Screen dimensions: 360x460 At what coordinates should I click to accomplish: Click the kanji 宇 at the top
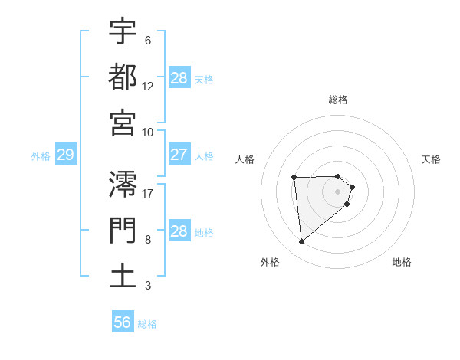123,32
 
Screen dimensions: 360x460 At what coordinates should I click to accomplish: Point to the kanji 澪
123,184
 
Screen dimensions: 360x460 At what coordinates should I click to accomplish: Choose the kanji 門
123,230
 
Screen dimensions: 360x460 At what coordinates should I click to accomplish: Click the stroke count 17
148,193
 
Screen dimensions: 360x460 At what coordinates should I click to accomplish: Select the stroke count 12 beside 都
148,86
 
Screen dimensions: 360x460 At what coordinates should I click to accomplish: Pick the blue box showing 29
65,155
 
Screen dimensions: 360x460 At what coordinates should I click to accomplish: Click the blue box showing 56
123,322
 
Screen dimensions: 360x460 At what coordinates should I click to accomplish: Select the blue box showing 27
179,155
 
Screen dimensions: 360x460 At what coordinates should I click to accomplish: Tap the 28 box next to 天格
179,77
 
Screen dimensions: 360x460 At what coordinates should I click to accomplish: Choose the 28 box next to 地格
179,231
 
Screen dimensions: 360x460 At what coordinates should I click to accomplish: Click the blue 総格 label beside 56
147,324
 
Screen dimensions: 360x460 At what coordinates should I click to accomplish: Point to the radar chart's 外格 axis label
270,262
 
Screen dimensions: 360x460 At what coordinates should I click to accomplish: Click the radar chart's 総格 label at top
338,100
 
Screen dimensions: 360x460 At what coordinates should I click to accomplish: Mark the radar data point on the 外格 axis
302,242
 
